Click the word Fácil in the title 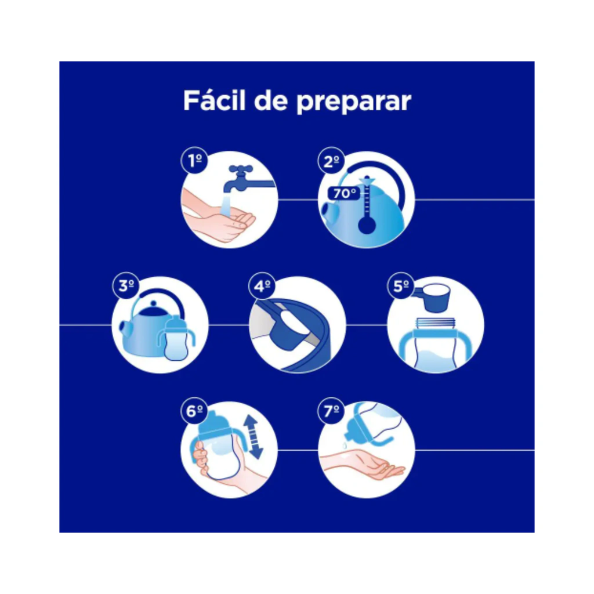(x=215, y=100)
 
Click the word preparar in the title (x=354, y=103)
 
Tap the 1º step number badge (x=195, y=160)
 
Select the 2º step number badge (x=331, y=160)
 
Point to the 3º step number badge (x=126, y=285)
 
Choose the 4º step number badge (x=262, y=285)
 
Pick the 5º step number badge (x=401, y=285)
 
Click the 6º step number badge (x=195, y=411)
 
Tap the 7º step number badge (x=331, y=411)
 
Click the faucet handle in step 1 (x=241, y=169)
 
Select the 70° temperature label (x=344, y=193)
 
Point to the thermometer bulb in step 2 (x=367, y=225)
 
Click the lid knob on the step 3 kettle (x=153, y=304)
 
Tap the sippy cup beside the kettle (x=176, y=338)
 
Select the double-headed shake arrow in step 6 (x=253, y=436)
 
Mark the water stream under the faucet (x=226, y=205)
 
